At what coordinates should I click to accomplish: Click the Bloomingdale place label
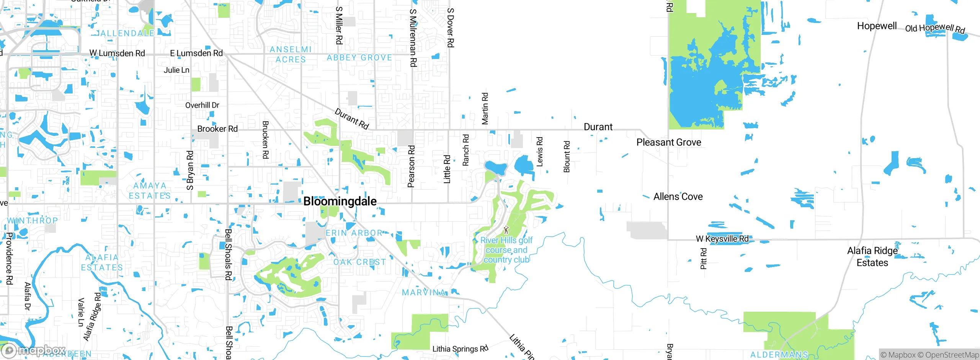(340, 201)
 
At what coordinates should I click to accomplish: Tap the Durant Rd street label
(351, 119)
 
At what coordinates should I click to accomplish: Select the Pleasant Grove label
(668, 142)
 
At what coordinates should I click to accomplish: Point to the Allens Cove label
(678, 197)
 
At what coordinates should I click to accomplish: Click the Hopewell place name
(877, 26)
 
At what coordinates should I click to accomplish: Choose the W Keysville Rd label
(722, 239)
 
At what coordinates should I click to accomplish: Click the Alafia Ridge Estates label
(872, 257)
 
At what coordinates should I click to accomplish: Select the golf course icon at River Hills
(506, 230)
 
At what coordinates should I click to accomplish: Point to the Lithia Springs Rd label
(460, 349)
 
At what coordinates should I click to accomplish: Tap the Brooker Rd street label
(217, 129)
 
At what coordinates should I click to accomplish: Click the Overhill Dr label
(202, 105)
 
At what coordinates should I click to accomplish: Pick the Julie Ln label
(176, 70)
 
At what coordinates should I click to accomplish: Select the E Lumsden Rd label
(196, 53)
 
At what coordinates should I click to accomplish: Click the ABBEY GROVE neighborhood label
(359, 58)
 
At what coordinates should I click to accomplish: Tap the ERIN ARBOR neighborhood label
(354, 233)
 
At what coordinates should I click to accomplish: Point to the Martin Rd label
(485, 109)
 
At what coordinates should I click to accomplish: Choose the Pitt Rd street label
(703, 259)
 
